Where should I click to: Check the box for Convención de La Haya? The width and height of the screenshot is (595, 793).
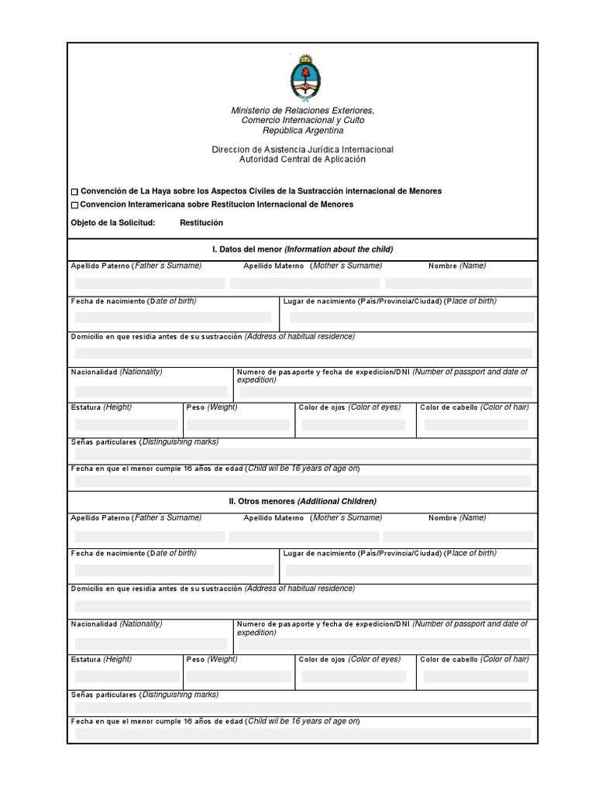74,192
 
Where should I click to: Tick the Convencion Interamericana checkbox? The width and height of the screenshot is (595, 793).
74,205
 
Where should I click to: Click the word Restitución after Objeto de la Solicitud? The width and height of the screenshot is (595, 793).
201,223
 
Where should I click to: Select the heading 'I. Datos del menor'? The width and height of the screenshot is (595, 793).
302,249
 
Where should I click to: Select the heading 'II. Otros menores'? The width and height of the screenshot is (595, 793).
302,502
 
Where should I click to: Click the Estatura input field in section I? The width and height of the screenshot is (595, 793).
126,424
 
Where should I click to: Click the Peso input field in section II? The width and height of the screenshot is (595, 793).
238,676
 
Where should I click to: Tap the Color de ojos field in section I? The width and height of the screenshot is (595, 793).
353,424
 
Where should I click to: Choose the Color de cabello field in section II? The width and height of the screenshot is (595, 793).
476,676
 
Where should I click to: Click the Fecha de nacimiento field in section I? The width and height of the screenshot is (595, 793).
173,317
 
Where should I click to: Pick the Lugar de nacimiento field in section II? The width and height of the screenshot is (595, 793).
409,570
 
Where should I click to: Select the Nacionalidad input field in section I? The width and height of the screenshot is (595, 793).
151,392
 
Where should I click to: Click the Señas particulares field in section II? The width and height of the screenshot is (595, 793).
302,708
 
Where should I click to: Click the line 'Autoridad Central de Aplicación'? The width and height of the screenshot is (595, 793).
302,160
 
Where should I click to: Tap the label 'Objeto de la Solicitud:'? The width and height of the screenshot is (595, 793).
113,223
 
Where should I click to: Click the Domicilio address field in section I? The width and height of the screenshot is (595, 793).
302,353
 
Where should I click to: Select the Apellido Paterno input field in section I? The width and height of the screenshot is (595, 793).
150,283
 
